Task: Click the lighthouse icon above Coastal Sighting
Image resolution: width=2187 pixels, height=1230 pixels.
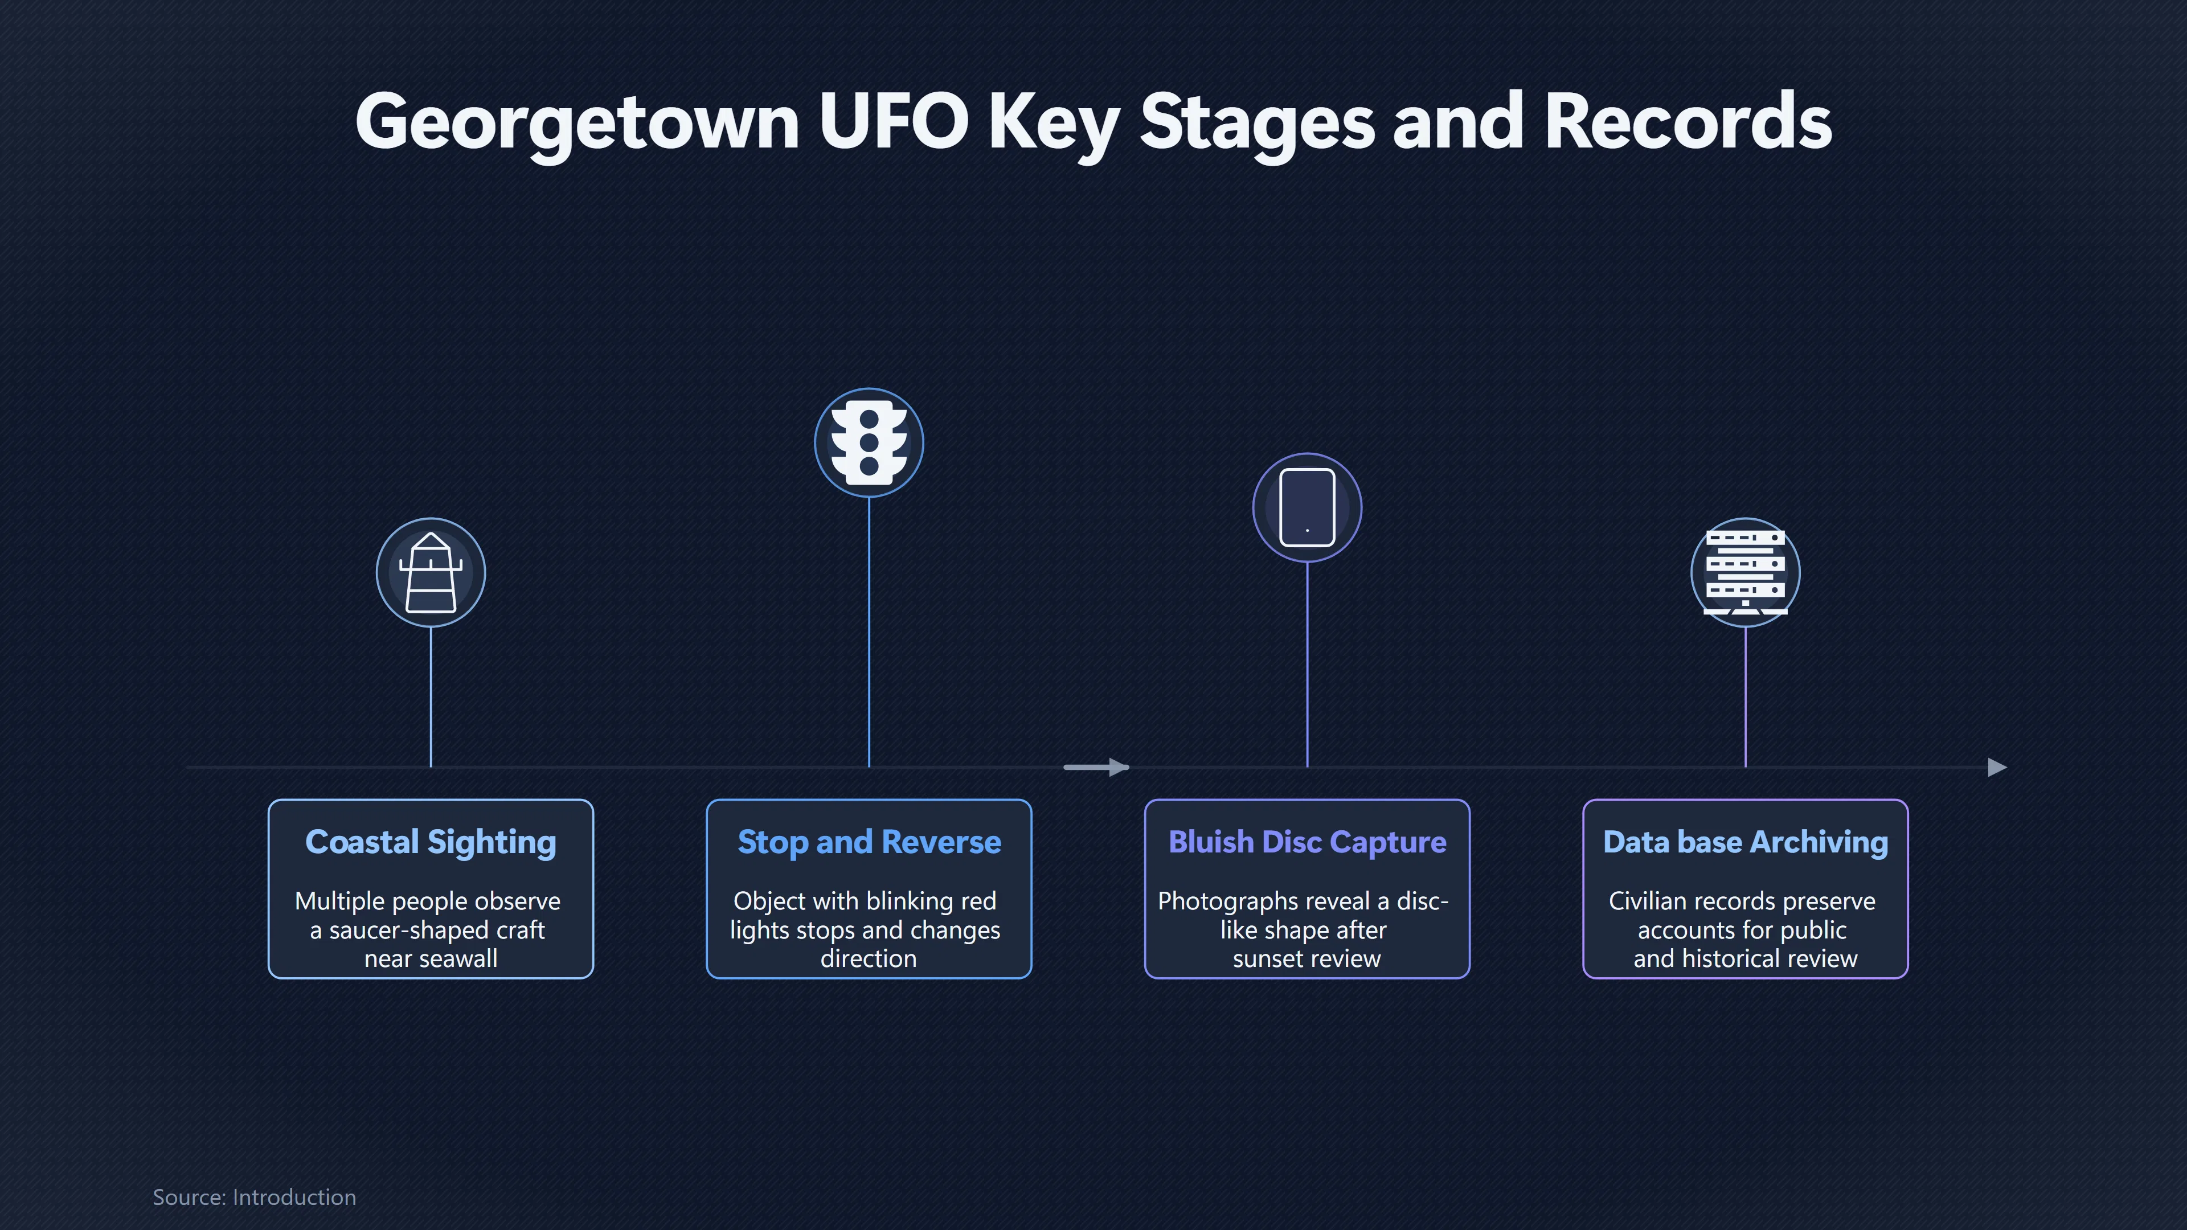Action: coord(431,573)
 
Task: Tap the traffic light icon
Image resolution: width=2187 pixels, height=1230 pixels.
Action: coord(869,442)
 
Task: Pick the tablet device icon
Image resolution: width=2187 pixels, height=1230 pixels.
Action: coord(1308,507)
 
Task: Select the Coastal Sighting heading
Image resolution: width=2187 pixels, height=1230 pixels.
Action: coord(431,842)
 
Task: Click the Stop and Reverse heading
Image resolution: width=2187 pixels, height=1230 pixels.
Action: coord(869,842)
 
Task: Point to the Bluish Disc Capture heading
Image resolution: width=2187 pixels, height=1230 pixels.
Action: coord(1308,842)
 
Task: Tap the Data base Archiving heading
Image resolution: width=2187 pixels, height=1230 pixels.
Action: coord(1746,842)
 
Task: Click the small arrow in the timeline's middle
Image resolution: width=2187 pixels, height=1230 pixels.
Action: coord(1096,768)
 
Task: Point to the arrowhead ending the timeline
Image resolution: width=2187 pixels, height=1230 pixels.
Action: coord(1998,768)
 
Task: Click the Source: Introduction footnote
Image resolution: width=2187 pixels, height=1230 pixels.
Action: coord(255,1197)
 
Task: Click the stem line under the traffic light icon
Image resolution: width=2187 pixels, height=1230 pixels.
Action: coord(869,633)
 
